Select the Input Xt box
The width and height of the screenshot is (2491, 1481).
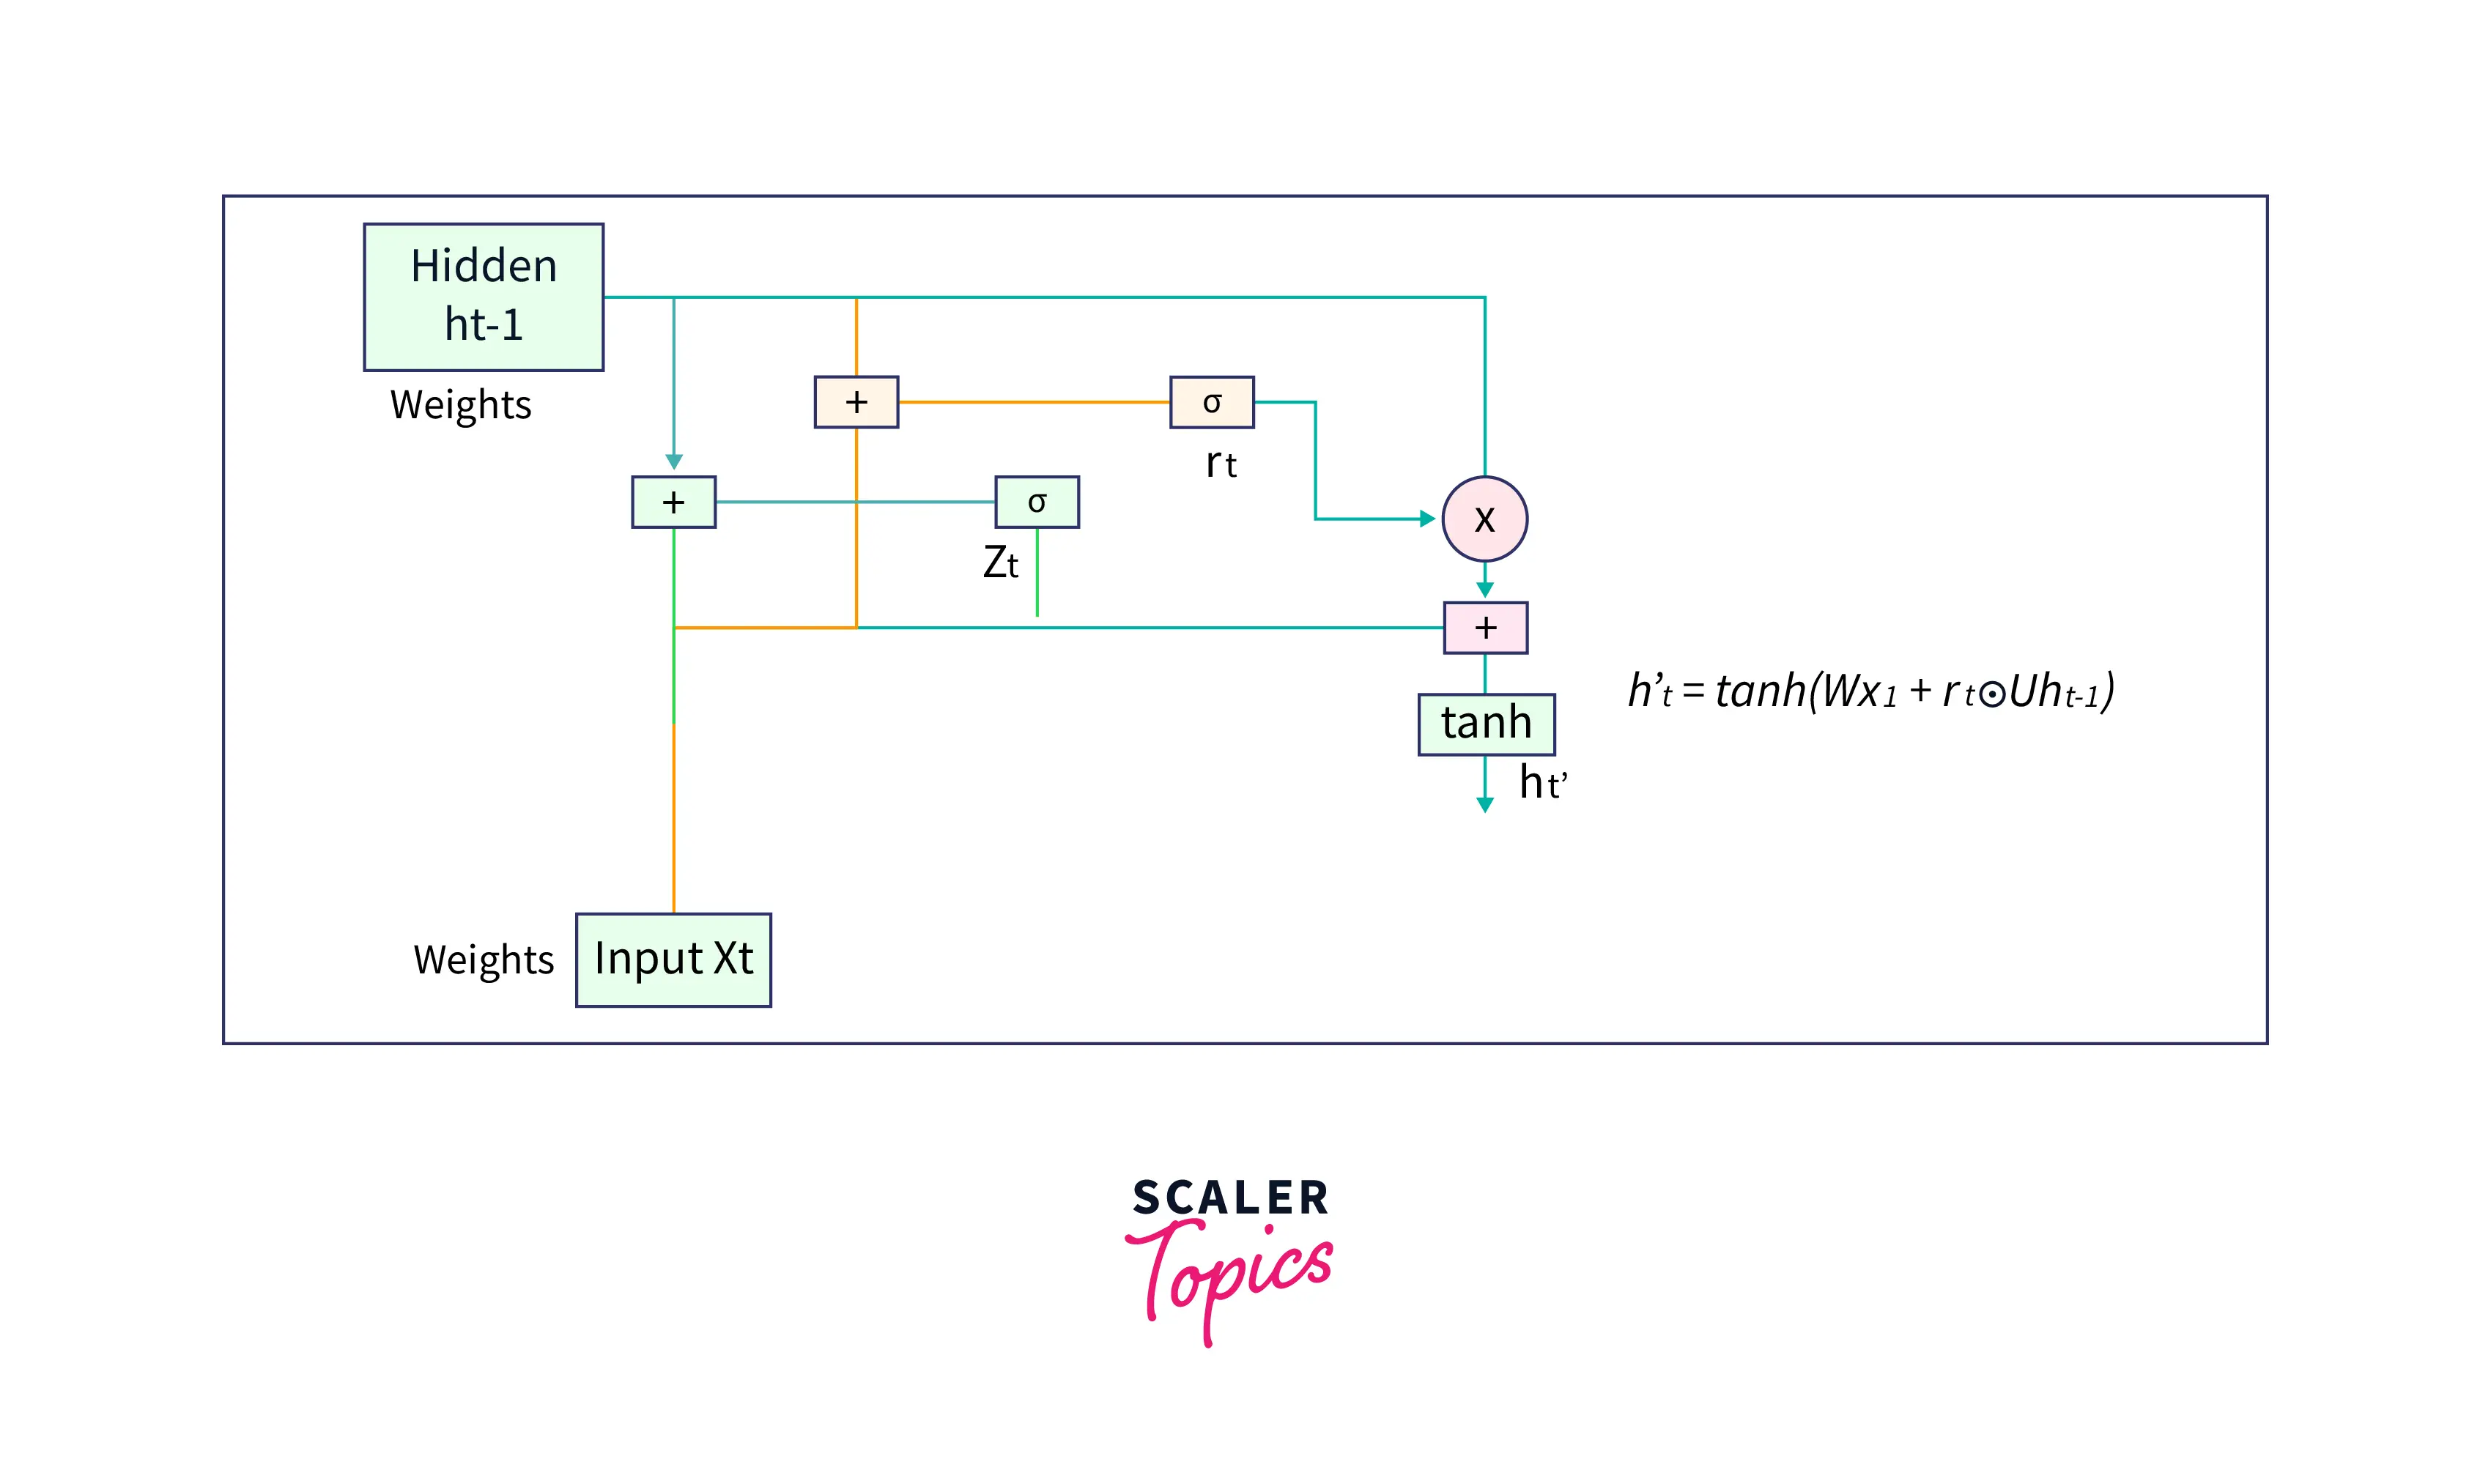[x=673, y=959]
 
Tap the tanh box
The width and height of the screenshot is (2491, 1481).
[x=1485, y=724]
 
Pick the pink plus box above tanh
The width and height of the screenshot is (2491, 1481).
[x=1485, y=627]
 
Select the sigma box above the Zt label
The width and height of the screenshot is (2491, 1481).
[x=1036, y=502]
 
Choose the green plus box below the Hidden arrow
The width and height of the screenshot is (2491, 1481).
[x=673, y=502]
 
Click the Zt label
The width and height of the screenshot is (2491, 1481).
[x=1000, y=563]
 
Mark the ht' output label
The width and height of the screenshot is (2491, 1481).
[x=1542, y=782]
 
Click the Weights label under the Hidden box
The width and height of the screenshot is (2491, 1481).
[x=460, y=405]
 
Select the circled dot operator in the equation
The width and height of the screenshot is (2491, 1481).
[x=1991, y=694]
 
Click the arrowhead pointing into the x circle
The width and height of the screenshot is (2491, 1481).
[x=1427, y=519]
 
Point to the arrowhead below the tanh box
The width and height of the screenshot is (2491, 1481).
[x=1484, y=804]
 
